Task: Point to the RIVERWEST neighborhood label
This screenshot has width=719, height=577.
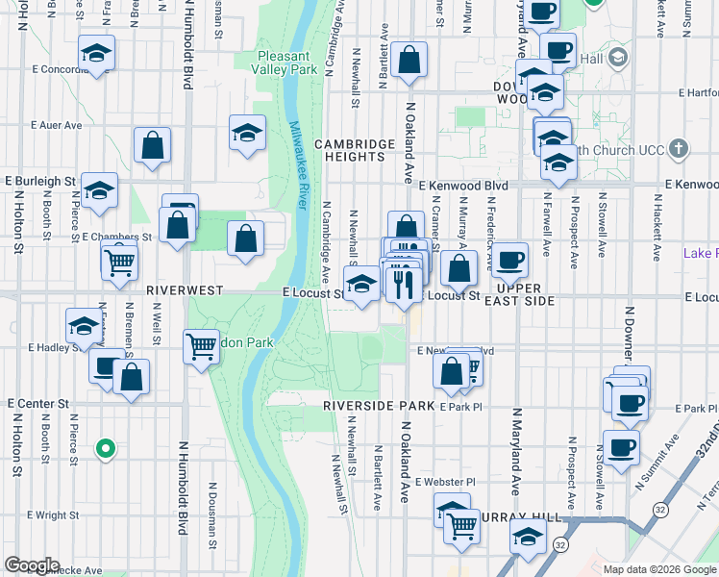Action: [x=185, y=289]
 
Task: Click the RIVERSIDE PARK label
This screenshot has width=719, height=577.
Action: [x=371, y=406]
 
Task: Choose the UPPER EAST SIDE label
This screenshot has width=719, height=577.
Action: [x=527, y=294]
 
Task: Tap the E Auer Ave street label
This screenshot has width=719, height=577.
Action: [x=57, y=125]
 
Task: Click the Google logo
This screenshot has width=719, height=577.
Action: [x=32, y=566]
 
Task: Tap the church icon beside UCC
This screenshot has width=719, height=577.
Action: [x=679, y=149]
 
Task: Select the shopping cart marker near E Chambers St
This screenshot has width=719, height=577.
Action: [x=120, y=261]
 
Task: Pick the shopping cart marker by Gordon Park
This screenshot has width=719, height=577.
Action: [x=201, y=346]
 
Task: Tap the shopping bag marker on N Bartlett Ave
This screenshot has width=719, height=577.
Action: [x=409, y=61]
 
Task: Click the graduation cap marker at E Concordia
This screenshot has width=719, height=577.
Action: [x=97, y=53]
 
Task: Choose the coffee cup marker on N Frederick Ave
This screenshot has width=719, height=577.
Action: [x=510, y=260]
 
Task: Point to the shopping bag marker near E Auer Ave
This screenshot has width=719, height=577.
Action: [x=152, y=147]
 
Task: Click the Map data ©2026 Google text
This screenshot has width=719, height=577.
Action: [x=659, y=569]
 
